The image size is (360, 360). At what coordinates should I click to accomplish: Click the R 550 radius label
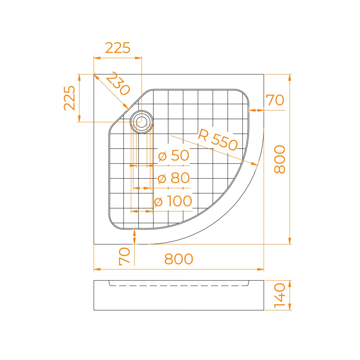[217, 140]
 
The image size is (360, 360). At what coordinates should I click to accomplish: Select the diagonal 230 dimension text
[118, 83]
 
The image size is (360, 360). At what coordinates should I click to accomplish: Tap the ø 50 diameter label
[174, 155]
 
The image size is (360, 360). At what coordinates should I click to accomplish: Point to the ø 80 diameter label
[174, 178]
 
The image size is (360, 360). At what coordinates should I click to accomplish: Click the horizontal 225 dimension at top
[118, 48]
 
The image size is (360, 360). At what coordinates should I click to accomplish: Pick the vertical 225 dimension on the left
[70, 98]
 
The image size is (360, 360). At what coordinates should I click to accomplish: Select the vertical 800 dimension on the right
[280, 159]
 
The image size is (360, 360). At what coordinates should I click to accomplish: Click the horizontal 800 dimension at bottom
[178, 259]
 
